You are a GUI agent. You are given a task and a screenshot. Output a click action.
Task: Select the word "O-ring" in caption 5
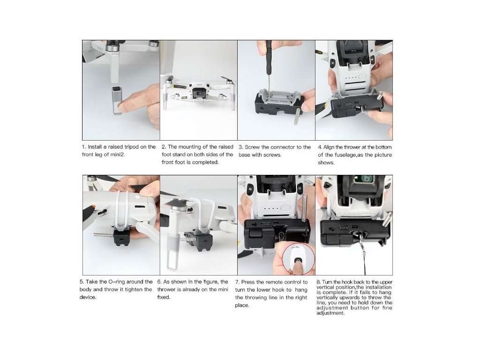click(117, 282)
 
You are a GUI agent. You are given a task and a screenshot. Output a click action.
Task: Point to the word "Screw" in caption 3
click(252, 147)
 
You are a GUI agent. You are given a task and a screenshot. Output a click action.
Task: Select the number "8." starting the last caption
click(318, 282)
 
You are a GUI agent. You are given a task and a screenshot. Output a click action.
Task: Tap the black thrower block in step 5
click(121, 238)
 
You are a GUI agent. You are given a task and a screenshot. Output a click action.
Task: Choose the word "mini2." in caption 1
click(118, 155)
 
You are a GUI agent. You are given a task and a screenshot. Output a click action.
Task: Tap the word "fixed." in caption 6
click(164, 297)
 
